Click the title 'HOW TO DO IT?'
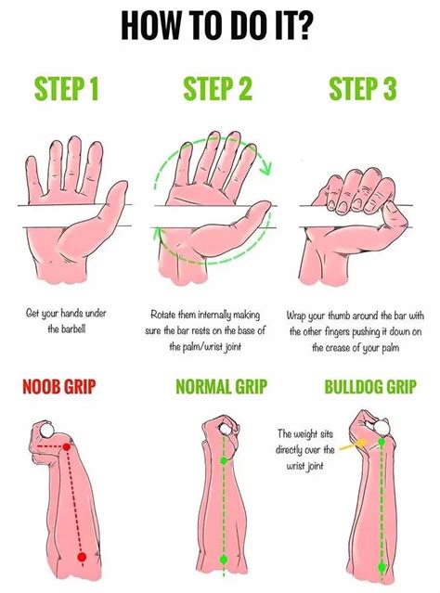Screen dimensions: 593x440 (x=220, y=25)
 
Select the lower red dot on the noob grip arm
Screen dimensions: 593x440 (x=83, y=556)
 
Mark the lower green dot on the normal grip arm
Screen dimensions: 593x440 (x=223, y=560)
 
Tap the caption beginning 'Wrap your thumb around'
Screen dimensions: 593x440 (x=366, y=330)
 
